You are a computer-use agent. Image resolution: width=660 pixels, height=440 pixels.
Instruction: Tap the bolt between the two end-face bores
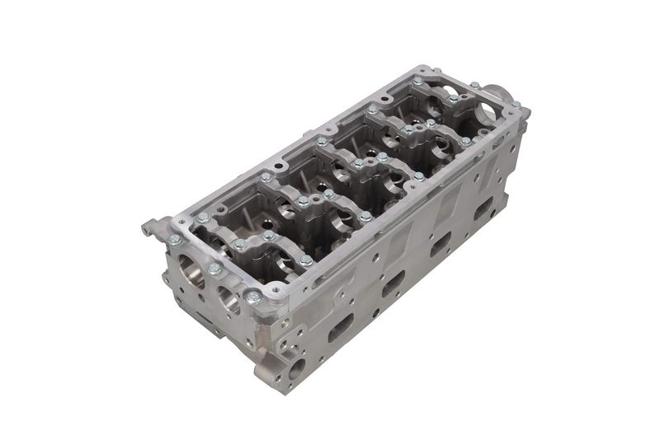coord(214,269)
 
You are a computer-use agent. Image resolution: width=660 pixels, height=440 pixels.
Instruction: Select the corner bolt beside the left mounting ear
coord(175,240)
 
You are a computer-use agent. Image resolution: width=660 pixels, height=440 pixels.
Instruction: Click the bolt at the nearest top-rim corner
coord(253,295)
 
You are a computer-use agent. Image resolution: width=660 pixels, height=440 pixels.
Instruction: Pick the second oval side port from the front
coord(393,283)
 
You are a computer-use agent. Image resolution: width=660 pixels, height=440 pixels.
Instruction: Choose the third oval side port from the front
coord(441,244)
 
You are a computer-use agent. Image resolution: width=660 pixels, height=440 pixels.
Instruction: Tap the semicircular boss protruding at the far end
coord(498,93)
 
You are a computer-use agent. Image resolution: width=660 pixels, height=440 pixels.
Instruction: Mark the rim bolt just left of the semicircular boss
coord(474,85)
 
